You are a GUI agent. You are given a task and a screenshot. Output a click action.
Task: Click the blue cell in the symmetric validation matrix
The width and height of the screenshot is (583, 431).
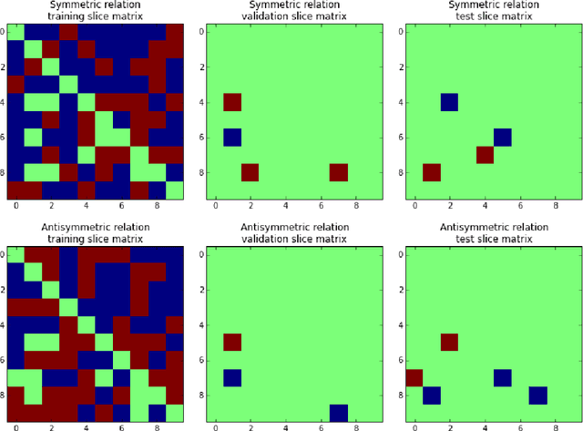(x=232, y=137)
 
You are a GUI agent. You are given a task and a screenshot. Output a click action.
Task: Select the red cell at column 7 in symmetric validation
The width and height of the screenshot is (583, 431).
(x=338, y=172)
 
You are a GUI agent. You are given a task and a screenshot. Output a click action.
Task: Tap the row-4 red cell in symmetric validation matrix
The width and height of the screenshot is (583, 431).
(x=232, y=102)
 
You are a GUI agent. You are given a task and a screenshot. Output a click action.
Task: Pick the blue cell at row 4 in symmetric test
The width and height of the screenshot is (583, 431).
(x=449, y=102)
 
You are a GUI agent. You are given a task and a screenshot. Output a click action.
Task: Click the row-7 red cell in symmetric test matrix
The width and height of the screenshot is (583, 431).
(x=485, y=155)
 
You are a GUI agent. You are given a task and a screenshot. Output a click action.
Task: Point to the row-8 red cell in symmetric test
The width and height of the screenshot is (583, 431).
(x=432, y=172)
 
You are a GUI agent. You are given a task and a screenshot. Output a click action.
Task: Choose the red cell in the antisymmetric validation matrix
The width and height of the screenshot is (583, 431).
(x=232, y=343)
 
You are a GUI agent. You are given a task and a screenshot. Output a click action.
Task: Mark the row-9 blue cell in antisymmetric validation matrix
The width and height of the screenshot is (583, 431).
(x=338, y=413)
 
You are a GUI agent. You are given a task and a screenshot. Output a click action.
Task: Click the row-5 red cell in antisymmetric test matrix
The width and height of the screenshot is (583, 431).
(x=449, y=343)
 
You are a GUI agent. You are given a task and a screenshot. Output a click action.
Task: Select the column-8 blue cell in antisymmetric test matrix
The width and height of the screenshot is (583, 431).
(x=537, y=395)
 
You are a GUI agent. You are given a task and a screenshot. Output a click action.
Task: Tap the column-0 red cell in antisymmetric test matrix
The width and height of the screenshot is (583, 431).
(x=414, y=377)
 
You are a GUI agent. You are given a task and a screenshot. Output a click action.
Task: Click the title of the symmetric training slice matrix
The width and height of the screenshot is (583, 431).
(x=95, y=12)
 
